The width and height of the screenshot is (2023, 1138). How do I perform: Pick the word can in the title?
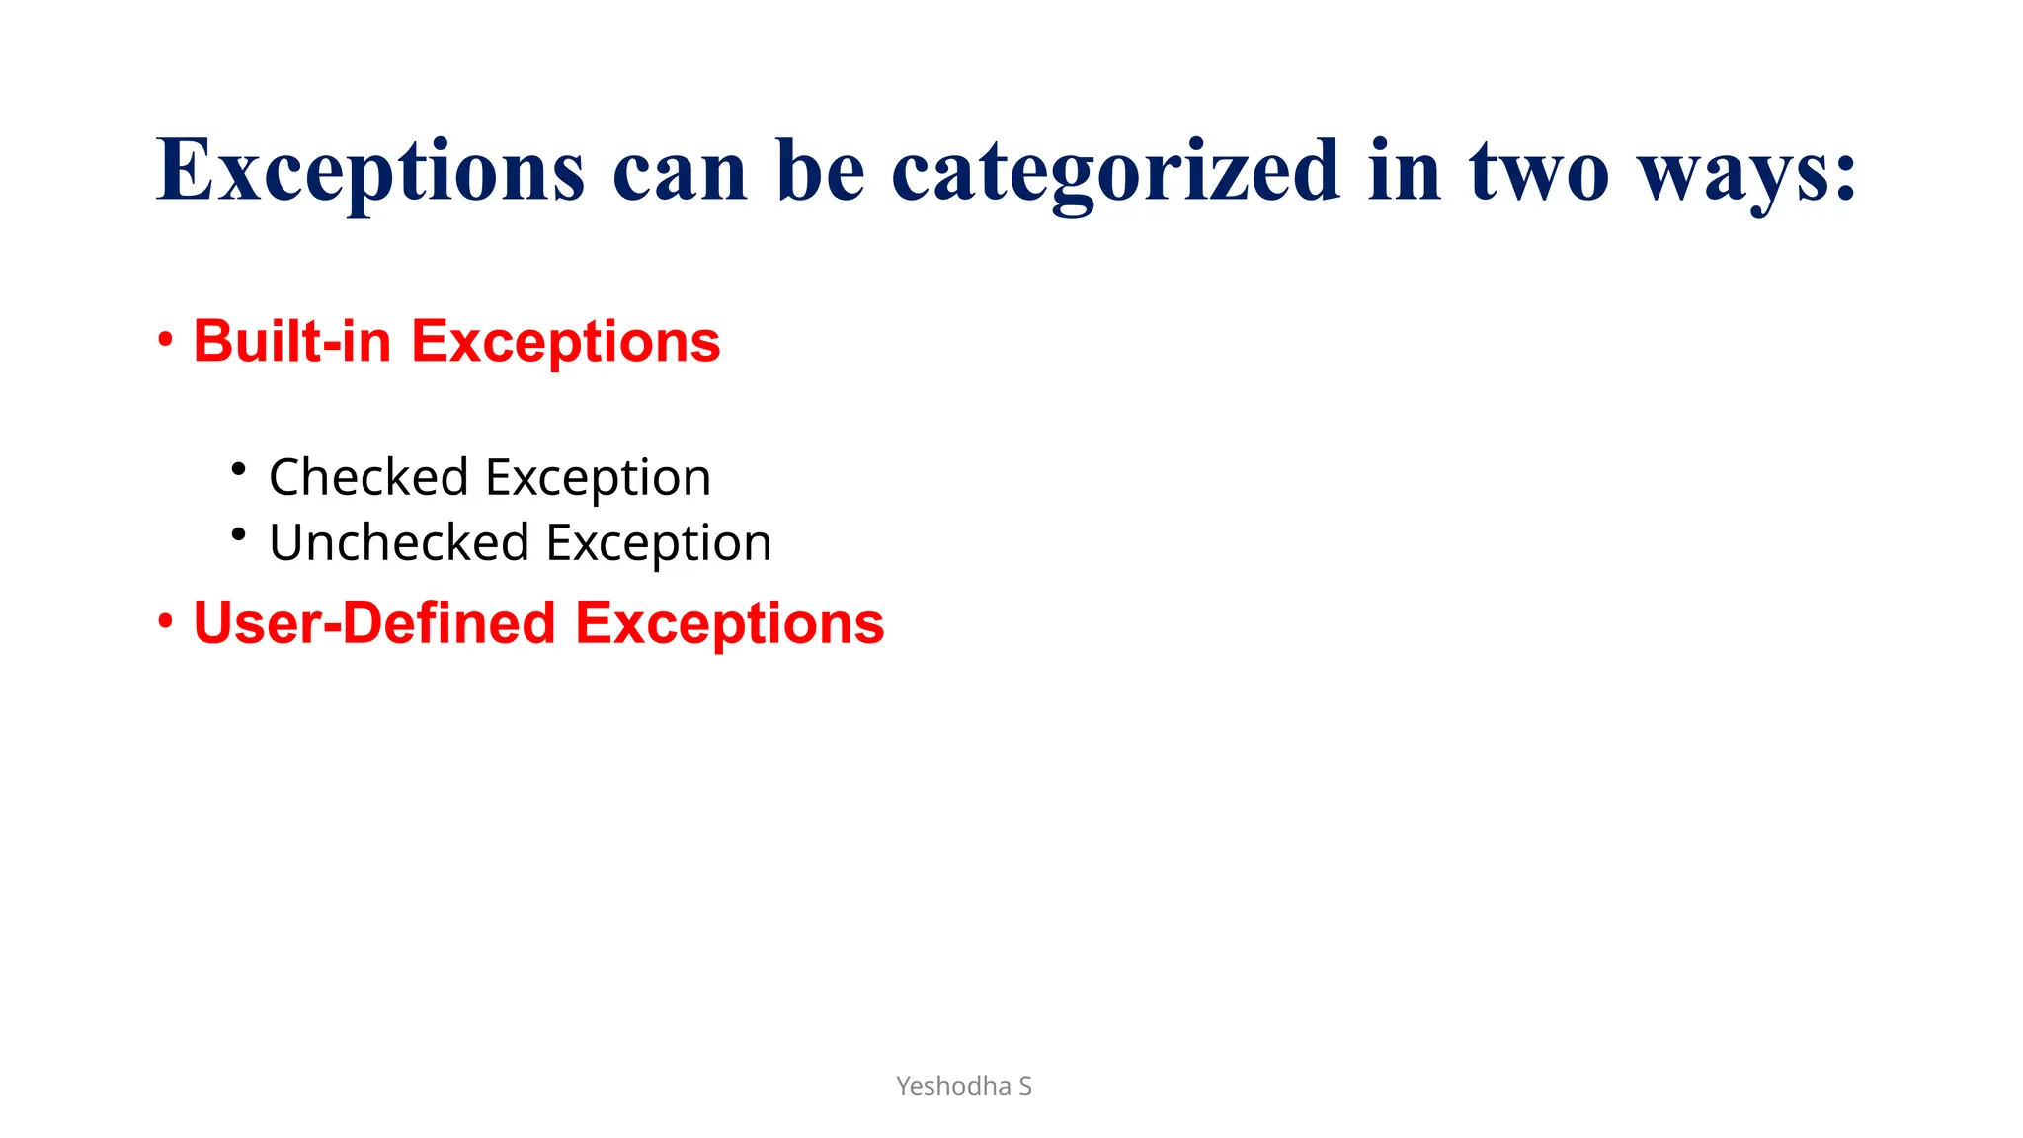[680, 173]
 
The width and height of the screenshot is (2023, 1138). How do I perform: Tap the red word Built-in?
[292, 342]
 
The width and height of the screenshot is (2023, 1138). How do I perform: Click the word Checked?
[368, 477]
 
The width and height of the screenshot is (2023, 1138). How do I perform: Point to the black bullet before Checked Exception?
[238, 469]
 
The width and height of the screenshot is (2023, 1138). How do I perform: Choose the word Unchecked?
[399, 542]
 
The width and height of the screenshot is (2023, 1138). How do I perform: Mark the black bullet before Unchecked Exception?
[238, 534]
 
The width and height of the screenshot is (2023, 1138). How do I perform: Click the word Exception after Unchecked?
[659, 544]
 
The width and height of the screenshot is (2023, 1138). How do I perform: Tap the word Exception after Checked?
[599, 479]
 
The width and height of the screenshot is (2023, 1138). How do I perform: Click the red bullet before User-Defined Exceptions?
[166, 623]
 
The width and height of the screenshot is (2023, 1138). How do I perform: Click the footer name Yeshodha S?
[963, 1086]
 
